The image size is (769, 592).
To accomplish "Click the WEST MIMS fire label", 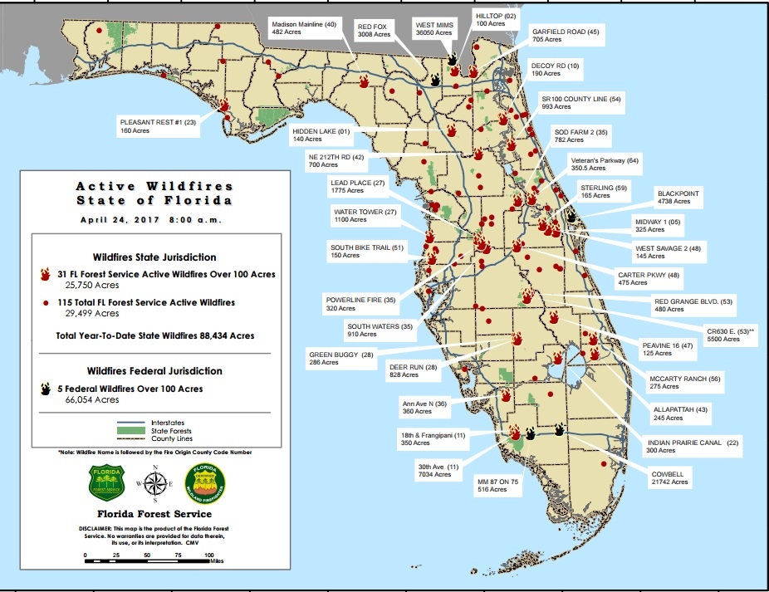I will pos(434,31).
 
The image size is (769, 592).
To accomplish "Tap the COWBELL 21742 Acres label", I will pos(669,477).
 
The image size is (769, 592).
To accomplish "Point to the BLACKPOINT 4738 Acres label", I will pos(678,197).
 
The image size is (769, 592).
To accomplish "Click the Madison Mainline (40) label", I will pos(304,28).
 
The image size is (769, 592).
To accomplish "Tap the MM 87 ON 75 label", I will pos(497,486).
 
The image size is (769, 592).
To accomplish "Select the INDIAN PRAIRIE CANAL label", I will pos(684,447).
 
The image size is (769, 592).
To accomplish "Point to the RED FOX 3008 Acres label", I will pos(375,32).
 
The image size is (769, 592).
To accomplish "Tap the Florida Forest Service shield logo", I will pos(105,481).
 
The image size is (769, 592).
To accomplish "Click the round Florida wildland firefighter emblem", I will pos(203,480).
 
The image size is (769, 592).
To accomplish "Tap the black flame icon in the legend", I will pos(47,389).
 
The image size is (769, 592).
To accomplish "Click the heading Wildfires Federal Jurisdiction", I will pos(154,370).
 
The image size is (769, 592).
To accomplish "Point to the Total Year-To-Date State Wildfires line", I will pos(154,335).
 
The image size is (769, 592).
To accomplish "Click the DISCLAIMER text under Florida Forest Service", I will pos(154,533).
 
